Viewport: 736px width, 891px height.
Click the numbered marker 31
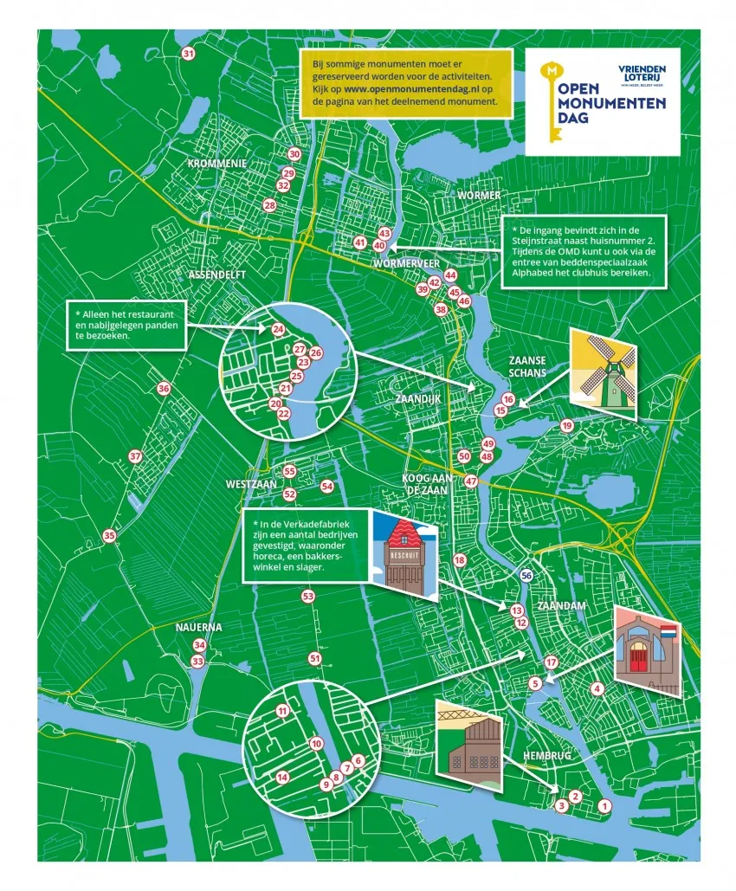click(x=188, y=55)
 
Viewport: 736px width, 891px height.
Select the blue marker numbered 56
click(x=526, y=575)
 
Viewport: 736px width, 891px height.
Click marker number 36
click(x=164, y=389)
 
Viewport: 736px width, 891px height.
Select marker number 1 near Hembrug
click(x=604, y=806)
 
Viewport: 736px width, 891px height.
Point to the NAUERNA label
click(x=198, y=627)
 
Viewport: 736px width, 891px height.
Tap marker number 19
click(x=566, y=425)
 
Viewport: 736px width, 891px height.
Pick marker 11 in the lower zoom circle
click(x=282, y=711)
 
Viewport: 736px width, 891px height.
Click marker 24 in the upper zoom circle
click(x=278, y=329)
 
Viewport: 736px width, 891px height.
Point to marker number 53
click(x=308, y=597)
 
